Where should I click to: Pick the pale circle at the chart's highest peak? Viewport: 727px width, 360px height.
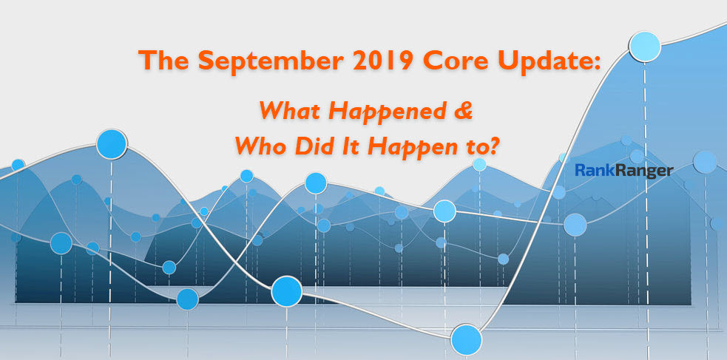click(x=644, y=47)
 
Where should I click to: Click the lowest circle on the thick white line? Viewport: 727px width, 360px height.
click(x=467, y=339)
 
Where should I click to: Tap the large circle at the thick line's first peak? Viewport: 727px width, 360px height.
click(x=112, y=144)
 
